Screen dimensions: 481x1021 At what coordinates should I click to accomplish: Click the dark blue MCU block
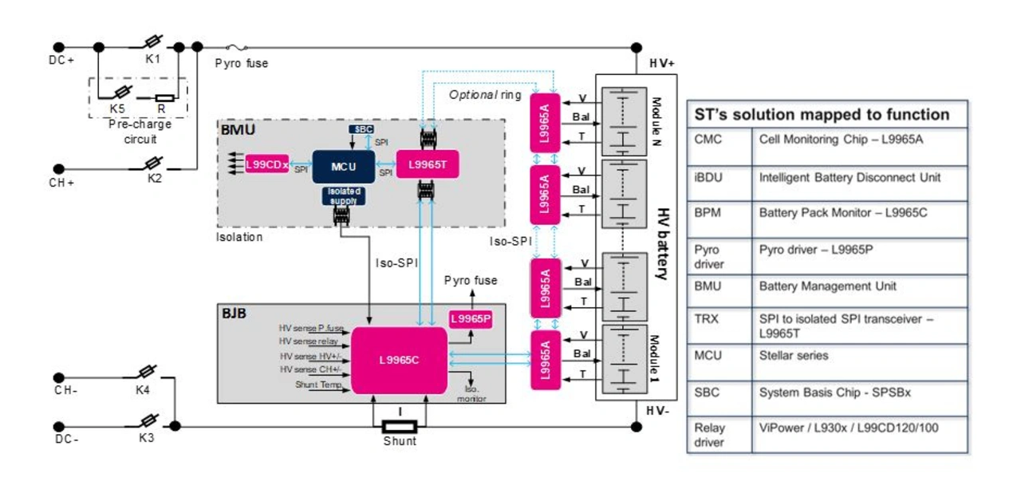343,166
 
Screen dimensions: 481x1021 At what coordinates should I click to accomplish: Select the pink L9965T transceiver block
427,165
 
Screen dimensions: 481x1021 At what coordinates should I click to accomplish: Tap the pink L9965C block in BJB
399,360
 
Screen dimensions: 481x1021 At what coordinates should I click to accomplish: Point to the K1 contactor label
153,59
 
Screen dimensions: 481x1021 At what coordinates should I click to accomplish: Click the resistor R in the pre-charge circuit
164,99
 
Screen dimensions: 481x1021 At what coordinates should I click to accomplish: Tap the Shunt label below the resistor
400,441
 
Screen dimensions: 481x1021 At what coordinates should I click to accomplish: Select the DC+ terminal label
61,59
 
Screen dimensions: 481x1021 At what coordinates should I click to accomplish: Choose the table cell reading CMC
708,140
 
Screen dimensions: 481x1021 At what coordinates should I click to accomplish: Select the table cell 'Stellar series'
794,356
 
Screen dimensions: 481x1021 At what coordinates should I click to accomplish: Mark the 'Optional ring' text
484,94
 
